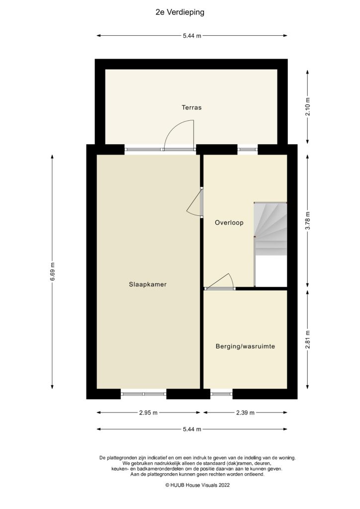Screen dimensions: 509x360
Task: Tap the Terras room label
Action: point(191,107)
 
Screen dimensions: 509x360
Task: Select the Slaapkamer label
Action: point(147,285)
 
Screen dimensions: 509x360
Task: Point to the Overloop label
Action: point(229,223)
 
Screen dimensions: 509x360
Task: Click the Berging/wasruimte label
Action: point(245,346)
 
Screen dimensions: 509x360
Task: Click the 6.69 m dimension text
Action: point(52,271)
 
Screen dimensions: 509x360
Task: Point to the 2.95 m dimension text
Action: point(148,413)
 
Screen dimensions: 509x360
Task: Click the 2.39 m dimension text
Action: point(245,413)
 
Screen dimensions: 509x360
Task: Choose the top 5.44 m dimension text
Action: point(192,36)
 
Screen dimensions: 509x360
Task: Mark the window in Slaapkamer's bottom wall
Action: point(144,394)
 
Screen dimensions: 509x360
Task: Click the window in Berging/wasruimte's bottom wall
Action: point(221,394)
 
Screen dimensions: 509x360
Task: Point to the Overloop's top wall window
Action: point(248,149)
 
